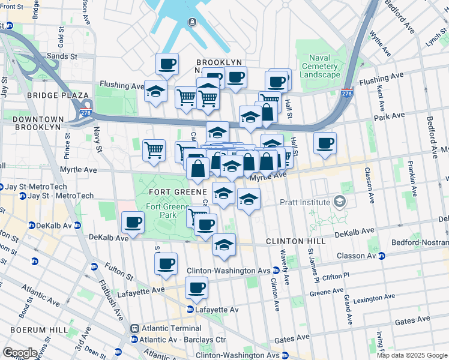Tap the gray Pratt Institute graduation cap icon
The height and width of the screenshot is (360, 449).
(x=340, y=202)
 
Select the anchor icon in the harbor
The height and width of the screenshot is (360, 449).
(x=192, y=23)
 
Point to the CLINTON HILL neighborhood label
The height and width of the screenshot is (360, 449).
(x=295, y=241)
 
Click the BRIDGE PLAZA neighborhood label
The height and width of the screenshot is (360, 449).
(x=49, y=95)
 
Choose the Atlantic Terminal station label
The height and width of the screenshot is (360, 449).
(x=170, y=328)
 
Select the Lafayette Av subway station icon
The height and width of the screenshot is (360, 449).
(x=190, y=310)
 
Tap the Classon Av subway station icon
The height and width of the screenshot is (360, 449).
(x=381, y=256)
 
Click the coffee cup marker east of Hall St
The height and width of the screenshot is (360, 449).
(x=325, y=143)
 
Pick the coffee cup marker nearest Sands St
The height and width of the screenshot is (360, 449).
(x=167, y=64)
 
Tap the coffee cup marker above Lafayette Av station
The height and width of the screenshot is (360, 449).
(x=196, y=287)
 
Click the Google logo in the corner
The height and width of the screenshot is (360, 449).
(x=19, y=353)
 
